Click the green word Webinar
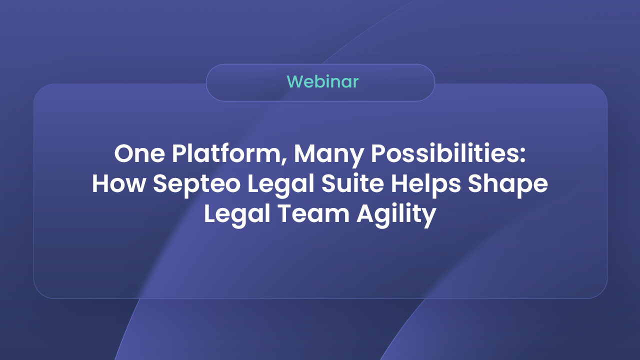pyautogui.click(x=323, y=81)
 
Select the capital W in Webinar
pyautogui.click(x=295, y=81)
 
